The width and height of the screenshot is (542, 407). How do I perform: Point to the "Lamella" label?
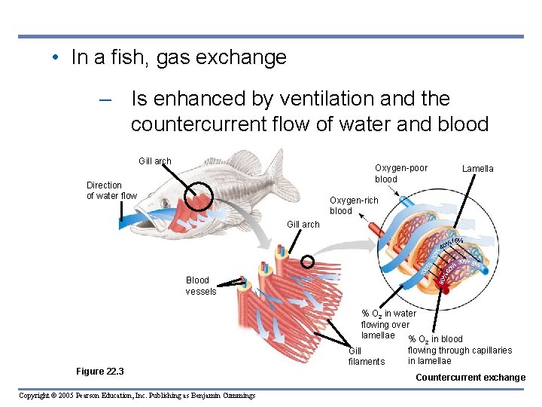coord(477,169)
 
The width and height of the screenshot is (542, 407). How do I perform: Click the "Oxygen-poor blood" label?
coord(400,173)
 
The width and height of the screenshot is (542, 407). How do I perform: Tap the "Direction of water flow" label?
coord(111,191)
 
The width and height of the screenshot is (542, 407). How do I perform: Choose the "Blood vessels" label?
coord(200,286)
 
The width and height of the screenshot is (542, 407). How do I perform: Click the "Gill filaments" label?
coord(366,357)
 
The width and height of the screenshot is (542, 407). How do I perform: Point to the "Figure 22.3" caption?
coord(100,372)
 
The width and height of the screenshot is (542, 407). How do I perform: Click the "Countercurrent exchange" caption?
coord(470,378)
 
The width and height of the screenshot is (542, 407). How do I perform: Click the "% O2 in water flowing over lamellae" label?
coord(388,324)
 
